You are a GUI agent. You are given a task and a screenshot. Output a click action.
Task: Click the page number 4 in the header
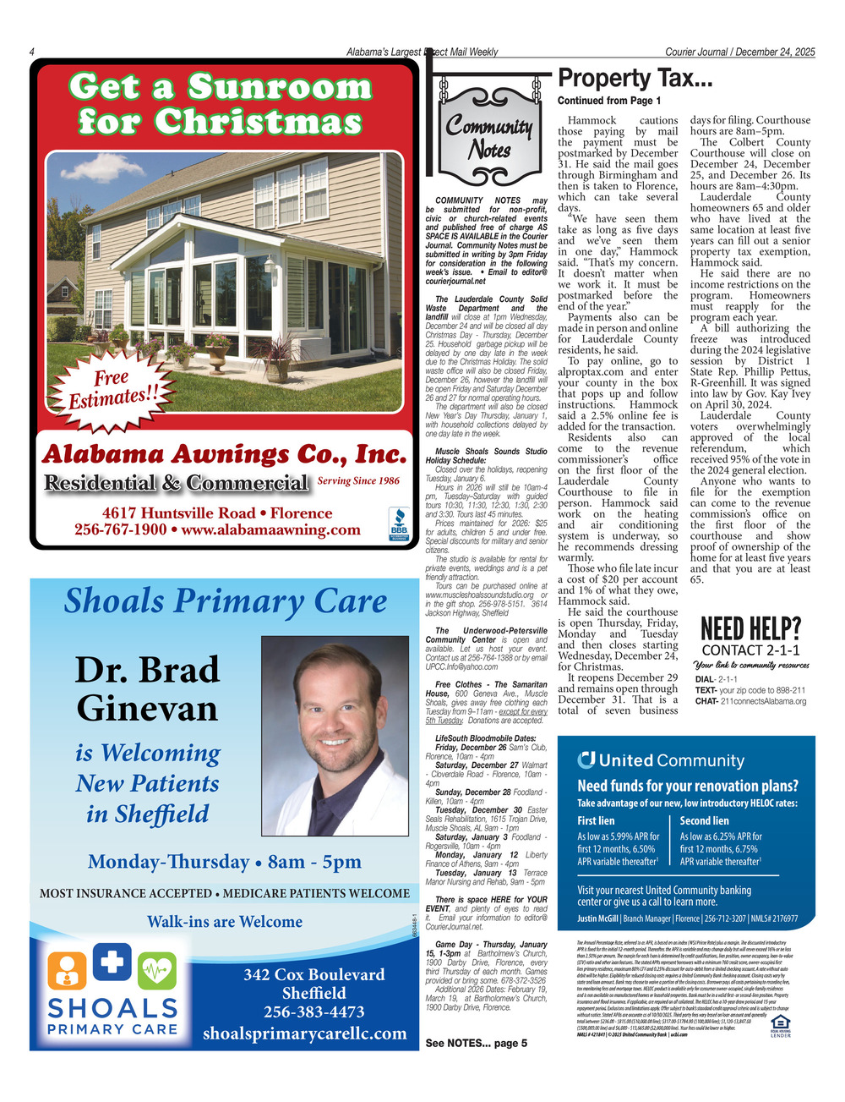point(31,52)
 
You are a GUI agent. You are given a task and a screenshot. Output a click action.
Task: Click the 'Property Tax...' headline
point(635,79)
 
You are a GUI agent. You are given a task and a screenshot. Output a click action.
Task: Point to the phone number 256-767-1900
point(120,530)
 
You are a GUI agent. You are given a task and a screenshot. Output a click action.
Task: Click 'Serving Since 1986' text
point(358,481)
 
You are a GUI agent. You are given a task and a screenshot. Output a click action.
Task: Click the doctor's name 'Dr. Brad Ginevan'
point(148,688)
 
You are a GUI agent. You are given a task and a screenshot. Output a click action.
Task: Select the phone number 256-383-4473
point(313,1012)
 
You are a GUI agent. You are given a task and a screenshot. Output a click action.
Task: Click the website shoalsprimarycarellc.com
point(304,1033)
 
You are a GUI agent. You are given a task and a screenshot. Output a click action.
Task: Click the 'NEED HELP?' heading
point(750,628)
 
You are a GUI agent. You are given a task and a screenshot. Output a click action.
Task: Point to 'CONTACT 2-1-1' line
point(750,650)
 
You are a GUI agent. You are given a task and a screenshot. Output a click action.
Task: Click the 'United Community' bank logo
point(660,760)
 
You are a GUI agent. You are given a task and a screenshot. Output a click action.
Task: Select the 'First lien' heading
point(596,820)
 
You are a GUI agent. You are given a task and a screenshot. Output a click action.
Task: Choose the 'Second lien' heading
point(704,820)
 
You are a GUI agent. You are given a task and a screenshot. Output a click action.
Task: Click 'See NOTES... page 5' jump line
point(476,1043)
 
